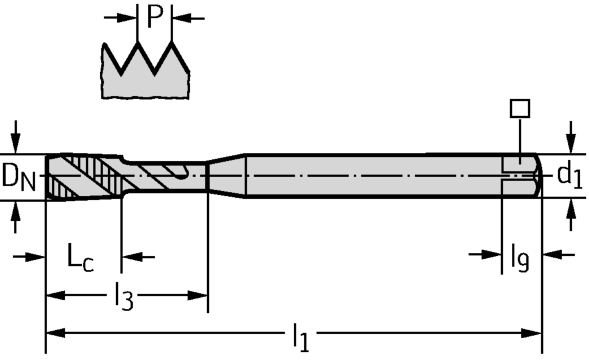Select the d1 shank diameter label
(x=569, y=175)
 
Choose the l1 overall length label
(x=301, y=337)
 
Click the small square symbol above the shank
(x=520, y=109)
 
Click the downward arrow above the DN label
(x=15, y=137)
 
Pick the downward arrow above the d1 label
(x=571, y=137)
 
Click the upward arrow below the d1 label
(x=571, y=215)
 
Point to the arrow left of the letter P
(x=121, y=17)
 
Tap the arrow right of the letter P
(x=188, y=18)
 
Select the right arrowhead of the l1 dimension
(x=531, y=333)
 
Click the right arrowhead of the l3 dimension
(x=198, y=296)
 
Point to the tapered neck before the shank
(x=227, y=175)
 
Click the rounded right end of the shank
(x=538, y=175)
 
